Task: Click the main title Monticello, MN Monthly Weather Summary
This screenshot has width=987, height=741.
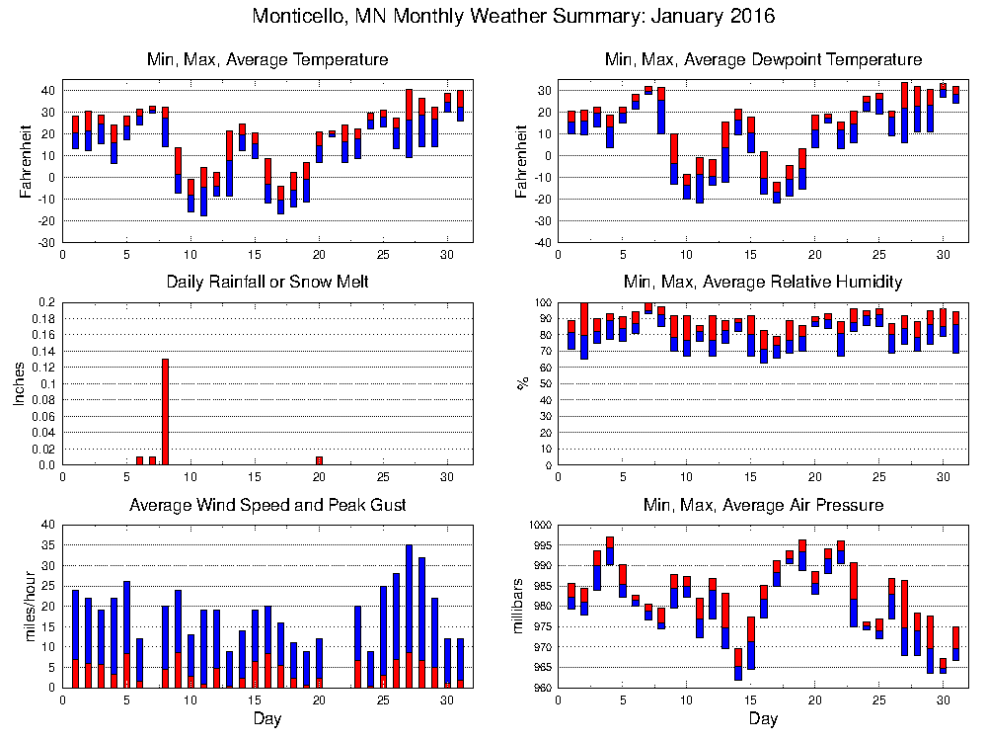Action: click(x=513, y=17)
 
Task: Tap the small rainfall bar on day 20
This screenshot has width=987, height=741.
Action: click(x=319, y=460)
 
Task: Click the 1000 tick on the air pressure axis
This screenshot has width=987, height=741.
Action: click(x=530, y=525)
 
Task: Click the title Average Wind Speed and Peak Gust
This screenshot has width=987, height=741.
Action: click(x=267, y=506)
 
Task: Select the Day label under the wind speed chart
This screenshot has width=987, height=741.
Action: click(x=267, y=719)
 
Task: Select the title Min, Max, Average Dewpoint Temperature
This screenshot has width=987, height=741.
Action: click(x=762, y=60)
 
